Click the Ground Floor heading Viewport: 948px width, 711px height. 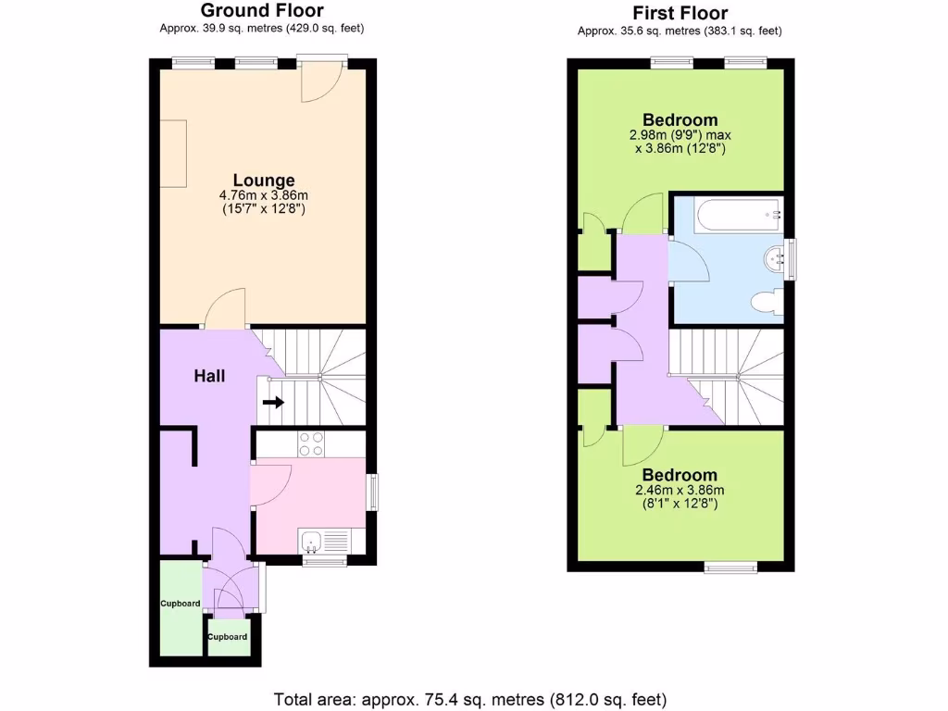tap(262, 11)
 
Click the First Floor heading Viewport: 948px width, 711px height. tap(680, 13)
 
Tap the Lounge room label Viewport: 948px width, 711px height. tap(264, 181)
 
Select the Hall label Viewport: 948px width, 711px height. tap(209, 376)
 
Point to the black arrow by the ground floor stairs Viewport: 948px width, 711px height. tap(273, 403)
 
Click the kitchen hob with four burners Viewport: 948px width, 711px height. tap(311, 444)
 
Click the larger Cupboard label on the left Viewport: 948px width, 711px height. tap(180, 604)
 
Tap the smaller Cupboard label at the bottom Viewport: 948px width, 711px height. tap(227, 637)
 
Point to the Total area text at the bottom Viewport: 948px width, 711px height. tap(469, 698)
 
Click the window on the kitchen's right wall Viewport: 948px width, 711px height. tap(373, 492)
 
